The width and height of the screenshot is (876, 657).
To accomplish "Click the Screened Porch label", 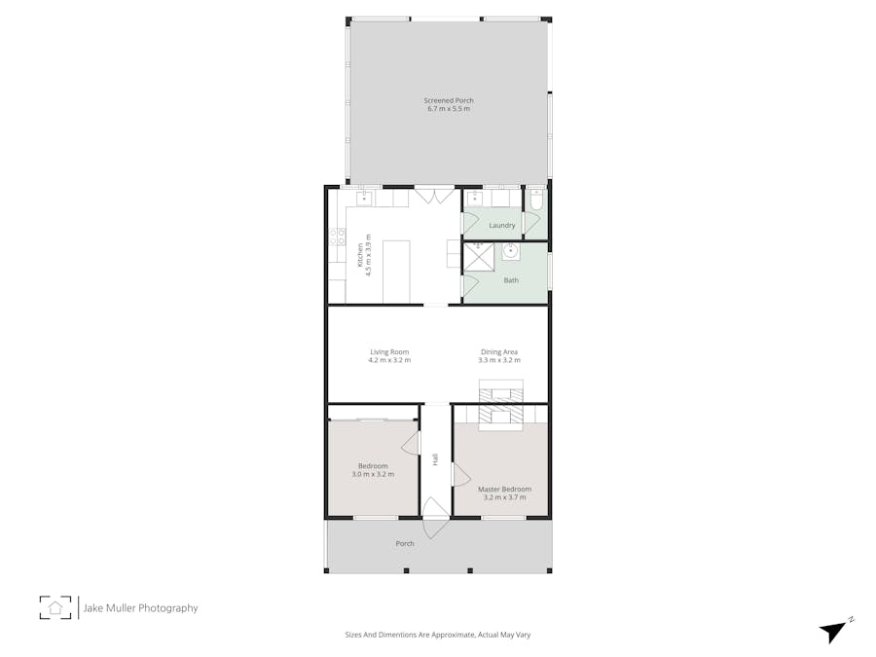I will pyautogui.click(x=449, y=100).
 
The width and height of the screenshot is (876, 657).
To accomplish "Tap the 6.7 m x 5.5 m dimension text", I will pyautogui.click(x=449, y=109).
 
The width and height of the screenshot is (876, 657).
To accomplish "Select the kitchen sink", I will pyautogui.click(x=364, y=199).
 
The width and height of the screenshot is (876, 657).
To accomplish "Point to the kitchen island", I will pyautogui.click(x=396, y=271).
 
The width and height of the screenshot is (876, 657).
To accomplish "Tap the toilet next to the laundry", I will pyautogui.click(x=536, y=201).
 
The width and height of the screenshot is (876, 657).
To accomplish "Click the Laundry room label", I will pyautogui.click(x=502, y=226).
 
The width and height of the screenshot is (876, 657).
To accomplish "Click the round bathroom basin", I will pyautogui.click(x=510, y=251).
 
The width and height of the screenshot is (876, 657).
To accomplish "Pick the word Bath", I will pyautogui.click(x=511, y=280).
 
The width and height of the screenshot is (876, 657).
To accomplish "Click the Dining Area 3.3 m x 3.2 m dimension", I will pyautogui.click(x=498, y=360).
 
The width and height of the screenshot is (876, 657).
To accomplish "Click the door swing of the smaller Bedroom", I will pyautogui.click(x=412, y=444).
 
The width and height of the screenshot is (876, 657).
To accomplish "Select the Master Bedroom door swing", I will pyautogui.click(x=461, y=474).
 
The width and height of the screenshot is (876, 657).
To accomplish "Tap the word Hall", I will pyautogui.click(x=435, y=457).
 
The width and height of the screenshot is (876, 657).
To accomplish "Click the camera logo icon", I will pyautogui.click(x=55, y=607).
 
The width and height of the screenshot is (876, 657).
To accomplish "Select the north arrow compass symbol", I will pyautogui.click(x=833, y=630).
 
